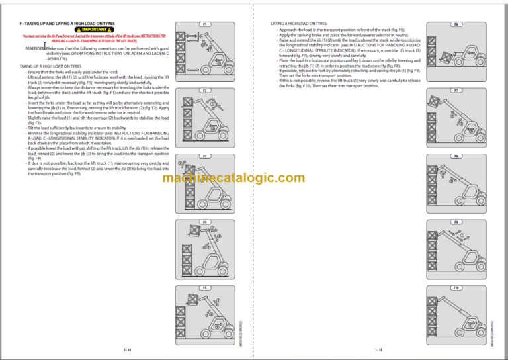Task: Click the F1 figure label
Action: click(205, 24)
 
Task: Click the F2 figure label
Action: click(205, 90)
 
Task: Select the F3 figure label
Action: click(205, 156)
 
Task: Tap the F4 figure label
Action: click(205, 222)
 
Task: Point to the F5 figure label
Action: click(205, 288)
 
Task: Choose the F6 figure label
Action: click(456, 24)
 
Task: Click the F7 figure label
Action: click(456, 90)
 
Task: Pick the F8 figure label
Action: click(456, 156)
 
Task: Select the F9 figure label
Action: click(456, 222)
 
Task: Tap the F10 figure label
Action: click(456, 288)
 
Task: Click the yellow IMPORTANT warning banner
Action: click(96, 30)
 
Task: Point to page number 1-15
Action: click(379, 349)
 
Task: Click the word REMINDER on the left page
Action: click(35, 48)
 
